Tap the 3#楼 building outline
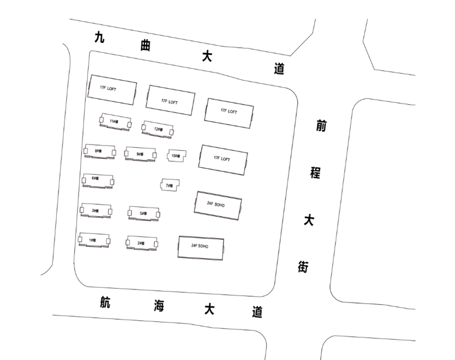96,210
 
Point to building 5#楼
144,213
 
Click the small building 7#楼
169,185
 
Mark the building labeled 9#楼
140,153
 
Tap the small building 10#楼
176,155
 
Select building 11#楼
114,121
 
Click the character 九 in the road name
100,38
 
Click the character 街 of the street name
303,266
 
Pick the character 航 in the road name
104,302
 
